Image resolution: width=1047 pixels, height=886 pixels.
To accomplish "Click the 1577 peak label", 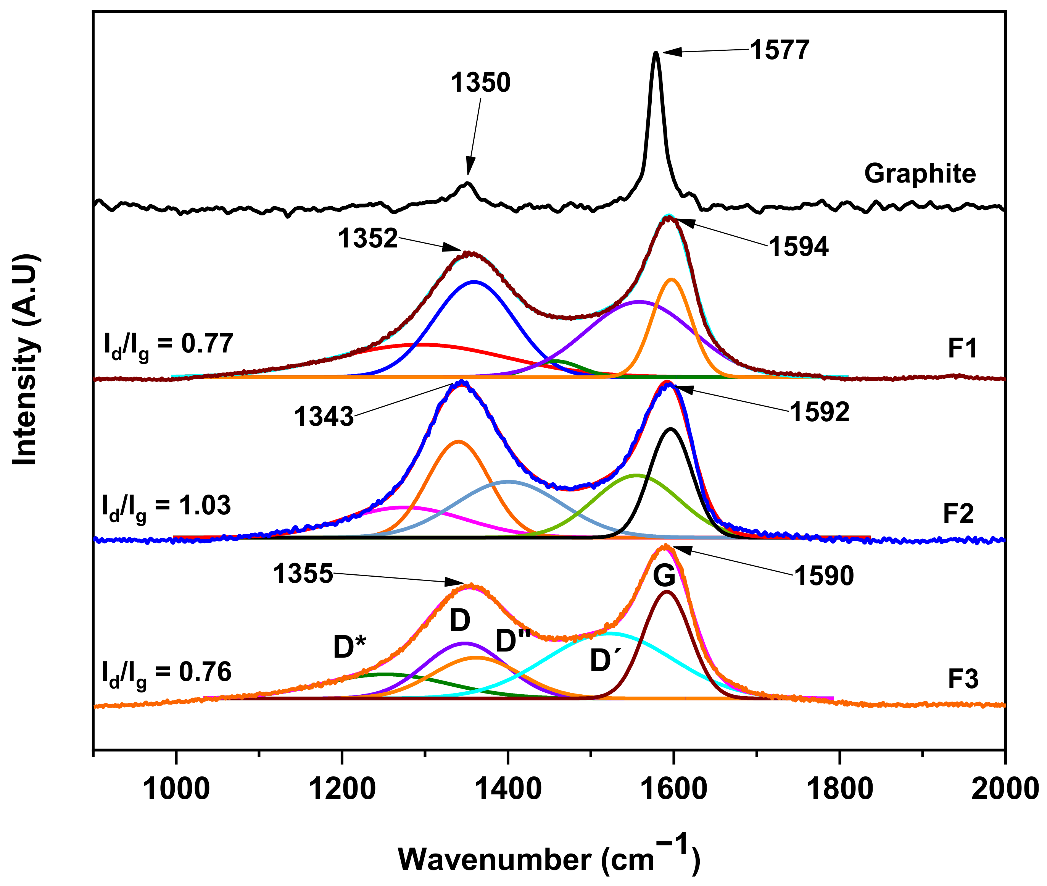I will (780, 50).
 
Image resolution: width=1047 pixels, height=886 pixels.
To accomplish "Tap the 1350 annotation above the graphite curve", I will (480, 83).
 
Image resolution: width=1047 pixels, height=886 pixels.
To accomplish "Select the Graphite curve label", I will (920, 174).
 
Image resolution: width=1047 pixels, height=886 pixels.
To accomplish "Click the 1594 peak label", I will (798, 247).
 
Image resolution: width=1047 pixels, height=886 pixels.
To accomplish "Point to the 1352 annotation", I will (367, 239).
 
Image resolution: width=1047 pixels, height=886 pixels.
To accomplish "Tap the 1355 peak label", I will (303, 574).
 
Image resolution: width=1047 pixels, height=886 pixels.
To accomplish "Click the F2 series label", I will (958, 514).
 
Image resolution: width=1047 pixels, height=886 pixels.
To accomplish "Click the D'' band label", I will (513, 642).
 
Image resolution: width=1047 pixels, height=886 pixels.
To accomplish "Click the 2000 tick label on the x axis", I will (1004, 789).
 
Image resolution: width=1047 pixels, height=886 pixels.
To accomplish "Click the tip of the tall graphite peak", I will (656, 52).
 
